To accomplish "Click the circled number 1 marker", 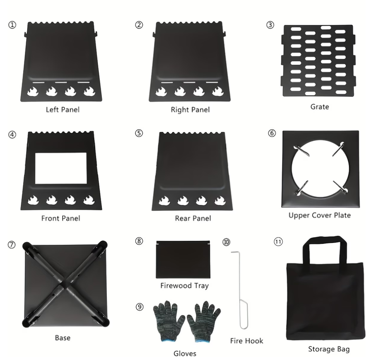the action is [x=12, y=25].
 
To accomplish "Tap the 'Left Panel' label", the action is [x=63, y=110].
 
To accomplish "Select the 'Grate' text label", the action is [x=320, y=107].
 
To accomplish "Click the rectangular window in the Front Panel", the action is [x=61, y=168].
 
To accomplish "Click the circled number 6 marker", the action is [x=272, y=133].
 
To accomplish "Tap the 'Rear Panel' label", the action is [x=193, y=218].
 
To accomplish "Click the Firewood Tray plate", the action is [x=183, y=259].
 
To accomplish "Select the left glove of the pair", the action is [x=168, y=321].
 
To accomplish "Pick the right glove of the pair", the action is [x=203, y=321].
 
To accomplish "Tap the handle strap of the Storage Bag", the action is [x=325, y=240].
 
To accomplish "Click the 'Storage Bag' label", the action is [x=329, y=349].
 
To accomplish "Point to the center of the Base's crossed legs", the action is [x=65, y=284].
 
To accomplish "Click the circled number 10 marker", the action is [x=227, y=242].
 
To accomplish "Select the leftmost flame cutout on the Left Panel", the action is [x=33, y=92].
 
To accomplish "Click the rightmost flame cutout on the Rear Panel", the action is [x=220, y=201].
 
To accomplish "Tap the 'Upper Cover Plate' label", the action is [x=320, y=215].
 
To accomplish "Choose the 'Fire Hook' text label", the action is [x=246, y=341].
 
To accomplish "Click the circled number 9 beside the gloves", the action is [x=140, y=306].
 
